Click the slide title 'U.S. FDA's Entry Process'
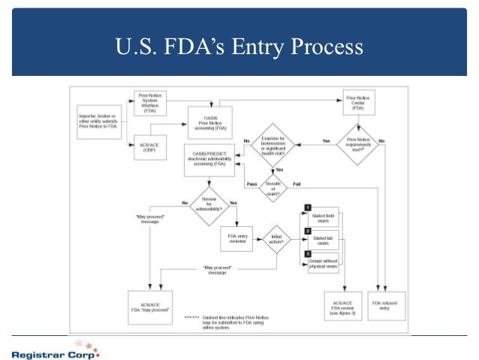[239, 47]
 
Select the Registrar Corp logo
[54, 349]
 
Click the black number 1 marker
[307, 207]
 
